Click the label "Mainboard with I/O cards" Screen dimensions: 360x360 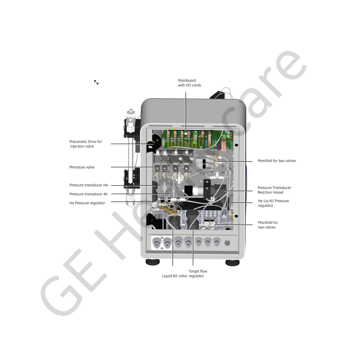(189, 83)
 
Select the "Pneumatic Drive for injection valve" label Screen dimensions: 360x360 (86, 144)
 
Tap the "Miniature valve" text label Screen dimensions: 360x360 (82, 167)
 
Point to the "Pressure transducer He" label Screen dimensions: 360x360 (89, 185)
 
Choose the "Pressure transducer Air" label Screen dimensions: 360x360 (89, 194)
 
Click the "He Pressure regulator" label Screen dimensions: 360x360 (87, 203)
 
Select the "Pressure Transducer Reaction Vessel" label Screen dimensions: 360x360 (274, 190)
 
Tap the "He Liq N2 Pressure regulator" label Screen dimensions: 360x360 (274, 203)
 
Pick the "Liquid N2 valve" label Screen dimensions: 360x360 (175, 276)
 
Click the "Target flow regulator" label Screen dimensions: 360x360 (198, 274)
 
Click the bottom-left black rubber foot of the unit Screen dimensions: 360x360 (153, 262)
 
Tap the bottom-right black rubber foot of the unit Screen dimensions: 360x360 (232, 263)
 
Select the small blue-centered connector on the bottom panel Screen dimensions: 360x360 (227, 243)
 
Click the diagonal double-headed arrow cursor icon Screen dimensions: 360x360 (96, 82)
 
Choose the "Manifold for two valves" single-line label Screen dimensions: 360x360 (276, 161)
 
